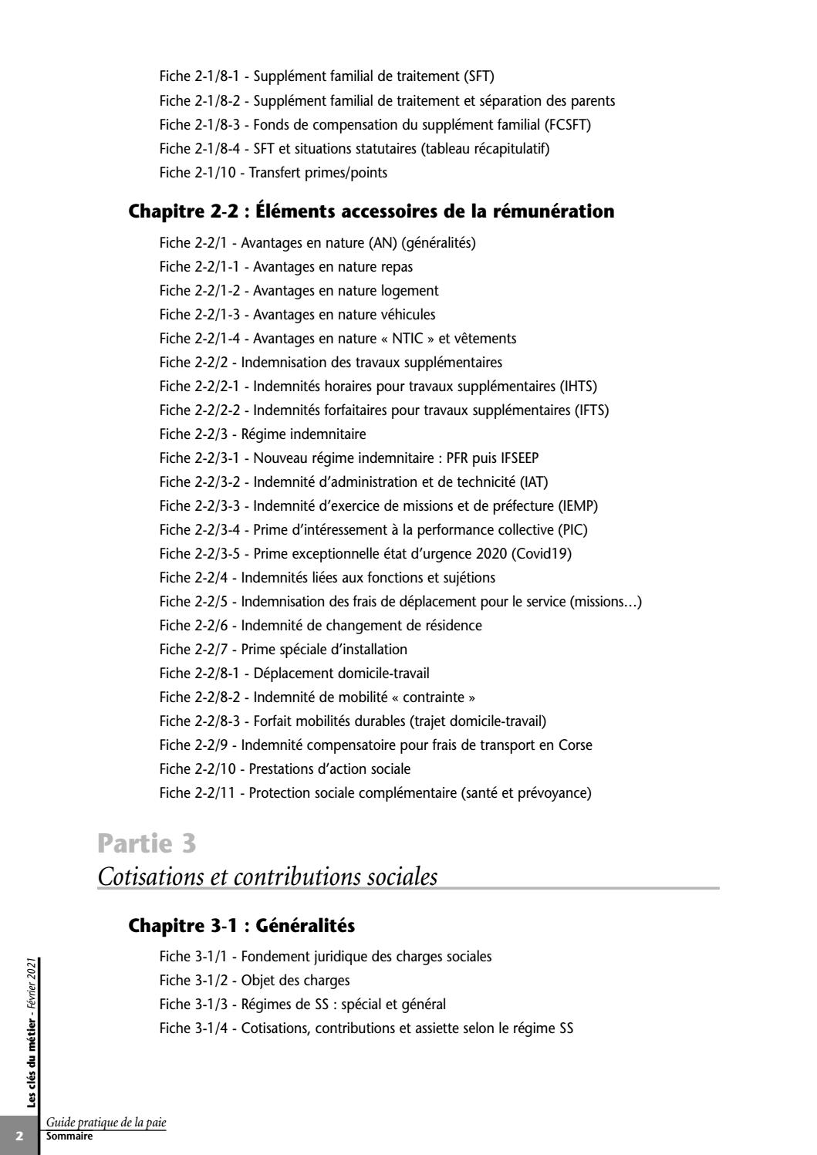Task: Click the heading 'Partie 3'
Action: pyautogui.click(x=147, y=844)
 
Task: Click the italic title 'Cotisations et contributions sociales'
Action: pyautogui.click(x=268, y=877)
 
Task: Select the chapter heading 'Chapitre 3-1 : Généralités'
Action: pyautogui.click(x=241, y=925)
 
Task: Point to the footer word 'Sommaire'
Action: pyautogui.click(x=69, y=1137)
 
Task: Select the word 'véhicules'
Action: pyautogui.click(x=408, y=315)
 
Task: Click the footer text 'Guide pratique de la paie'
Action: pyautogui.click(x=106, y=1123)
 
